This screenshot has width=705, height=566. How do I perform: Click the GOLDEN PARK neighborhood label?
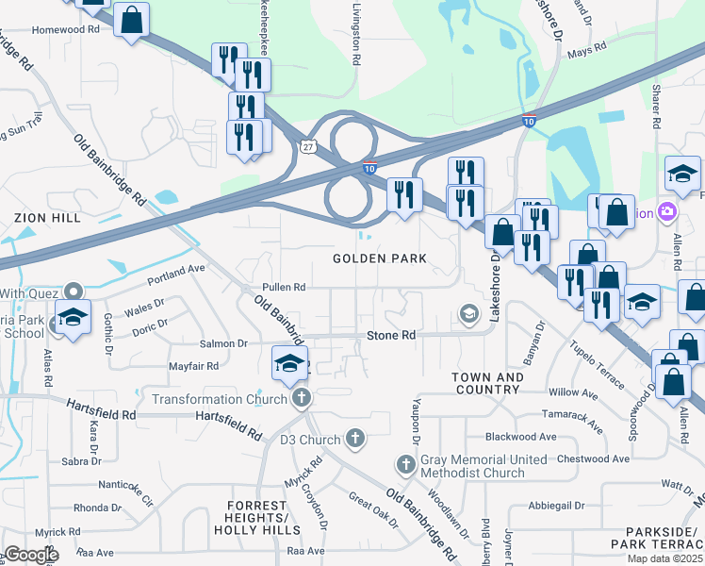380,258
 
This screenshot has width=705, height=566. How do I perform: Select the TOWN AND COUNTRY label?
487,383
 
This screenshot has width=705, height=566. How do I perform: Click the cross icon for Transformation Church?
301,398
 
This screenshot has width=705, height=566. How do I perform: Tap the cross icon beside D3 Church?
354,439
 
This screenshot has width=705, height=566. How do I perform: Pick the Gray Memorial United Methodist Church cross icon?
405,465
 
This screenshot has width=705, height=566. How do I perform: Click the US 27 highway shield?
308,146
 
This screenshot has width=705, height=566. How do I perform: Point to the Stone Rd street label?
391,335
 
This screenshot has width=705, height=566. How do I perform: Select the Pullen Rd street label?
284,287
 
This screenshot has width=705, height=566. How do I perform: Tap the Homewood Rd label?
65,29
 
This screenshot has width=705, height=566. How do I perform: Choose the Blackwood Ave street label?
520,437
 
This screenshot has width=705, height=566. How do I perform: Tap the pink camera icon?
668,211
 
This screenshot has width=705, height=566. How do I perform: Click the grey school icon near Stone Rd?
468,313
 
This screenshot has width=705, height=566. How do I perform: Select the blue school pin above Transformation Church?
290,361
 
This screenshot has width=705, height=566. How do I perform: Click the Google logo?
31,555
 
